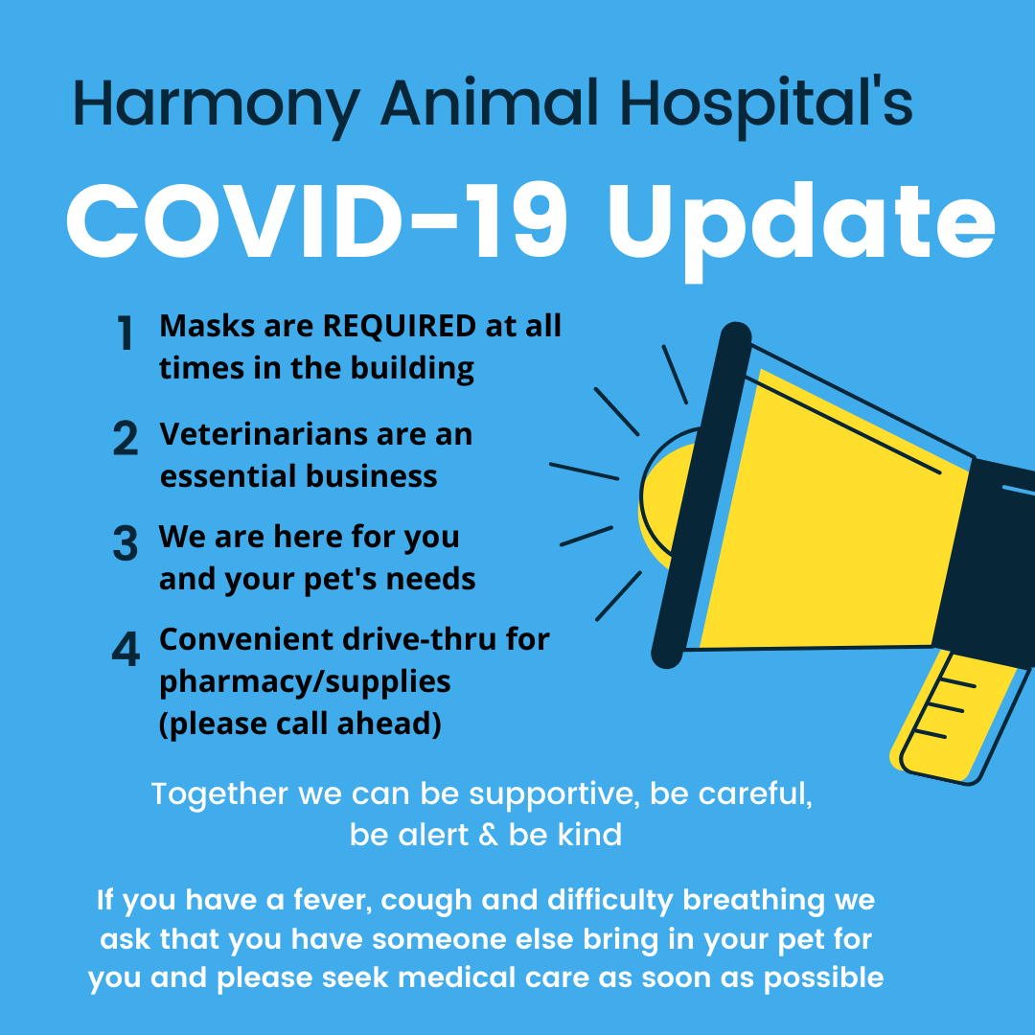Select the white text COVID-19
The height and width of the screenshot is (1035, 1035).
[316, 221]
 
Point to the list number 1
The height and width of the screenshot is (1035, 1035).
[125, 333]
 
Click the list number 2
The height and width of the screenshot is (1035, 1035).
[126, 438]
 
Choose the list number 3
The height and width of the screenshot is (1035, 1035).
[125, 543]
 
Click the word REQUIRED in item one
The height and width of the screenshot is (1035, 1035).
[400, 326]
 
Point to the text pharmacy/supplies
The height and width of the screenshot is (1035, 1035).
[305, 683]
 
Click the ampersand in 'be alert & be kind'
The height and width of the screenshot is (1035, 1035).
[488, 835]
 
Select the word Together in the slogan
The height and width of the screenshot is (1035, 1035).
[219, 794]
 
